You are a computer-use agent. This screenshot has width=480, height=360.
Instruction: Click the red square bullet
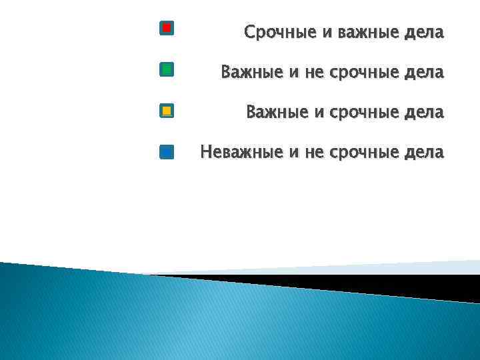coord(167,28)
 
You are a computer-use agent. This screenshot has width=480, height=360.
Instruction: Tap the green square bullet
coord(167,69)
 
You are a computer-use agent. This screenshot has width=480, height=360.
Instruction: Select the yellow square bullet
coord(167,111)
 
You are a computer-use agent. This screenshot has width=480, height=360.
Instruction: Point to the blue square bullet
coord(167,152)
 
